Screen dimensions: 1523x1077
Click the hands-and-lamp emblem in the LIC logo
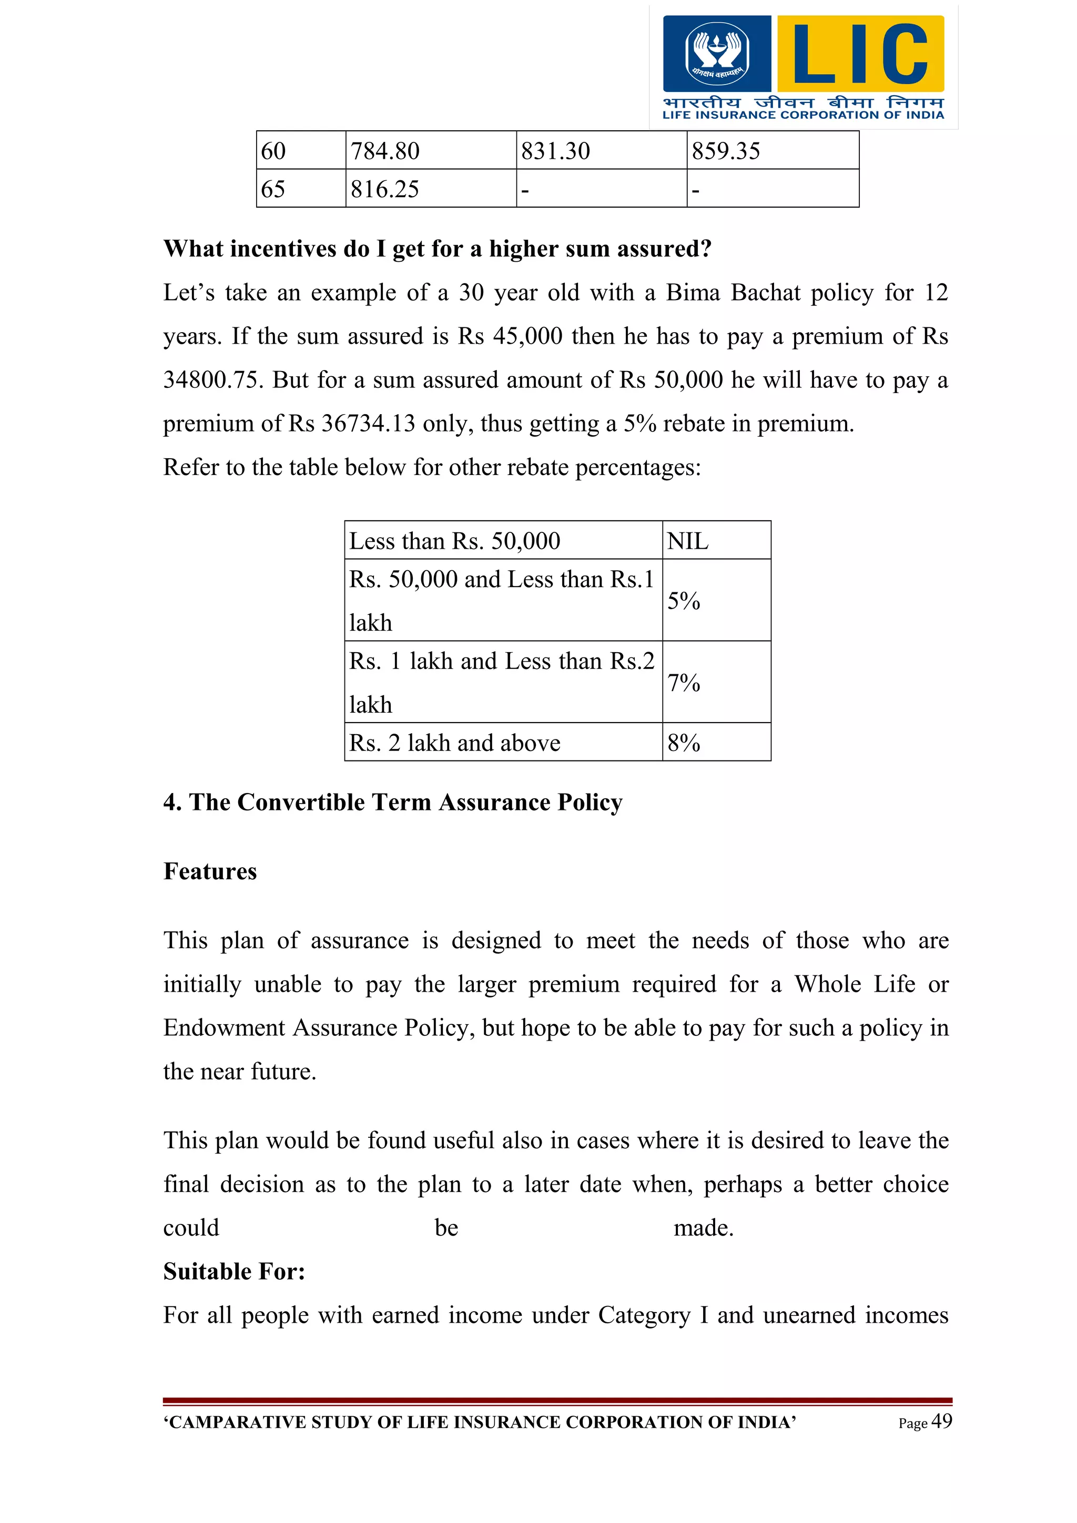(x=717, y=53)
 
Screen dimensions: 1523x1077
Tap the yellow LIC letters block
(x=860, y=54)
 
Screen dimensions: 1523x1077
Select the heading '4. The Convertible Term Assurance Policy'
(x=393, y=802)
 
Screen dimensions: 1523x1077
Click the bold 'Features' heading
(x=210, y=871)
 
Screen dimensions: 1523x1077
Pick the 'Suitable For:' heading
(x=234, y=1271)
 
